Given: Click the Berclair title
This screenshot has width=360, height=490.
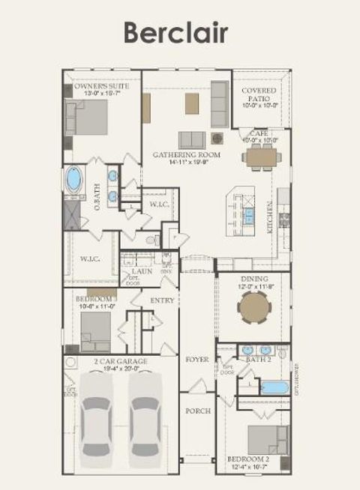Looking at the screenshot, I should (175, 33).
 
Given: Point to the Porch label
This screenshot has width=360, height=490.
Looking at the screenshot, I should (198, 411).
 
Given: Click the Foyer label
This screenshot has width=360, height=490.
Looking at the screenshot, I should (198, 360).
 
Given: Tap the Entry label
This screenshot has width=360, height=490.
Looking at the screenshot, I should (162, 300).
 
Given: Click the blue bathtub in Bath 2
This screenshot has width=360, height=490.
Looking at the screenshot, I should (273, 388).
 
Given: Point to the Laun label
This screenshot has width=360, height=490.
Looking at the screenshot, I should (142, 270).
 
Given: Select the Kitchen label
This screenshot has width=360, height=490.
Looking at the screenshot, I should (270, 218).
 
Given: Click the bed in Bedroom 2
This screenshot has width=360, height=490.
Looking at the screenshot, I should (268, 441).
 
